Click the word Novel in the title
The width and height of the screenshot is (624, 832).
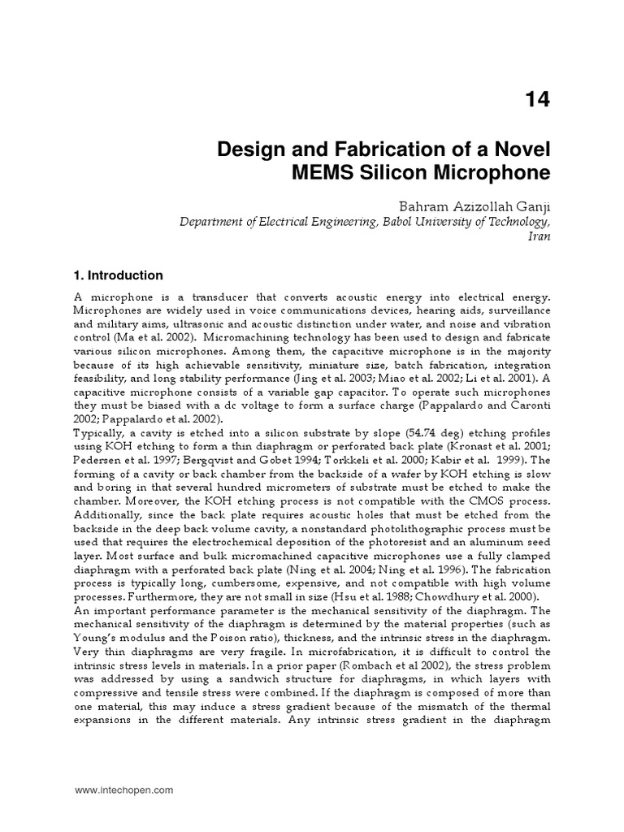point(519,150)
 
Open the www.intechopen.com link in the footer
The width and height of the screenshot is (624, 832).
point(123,789)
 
